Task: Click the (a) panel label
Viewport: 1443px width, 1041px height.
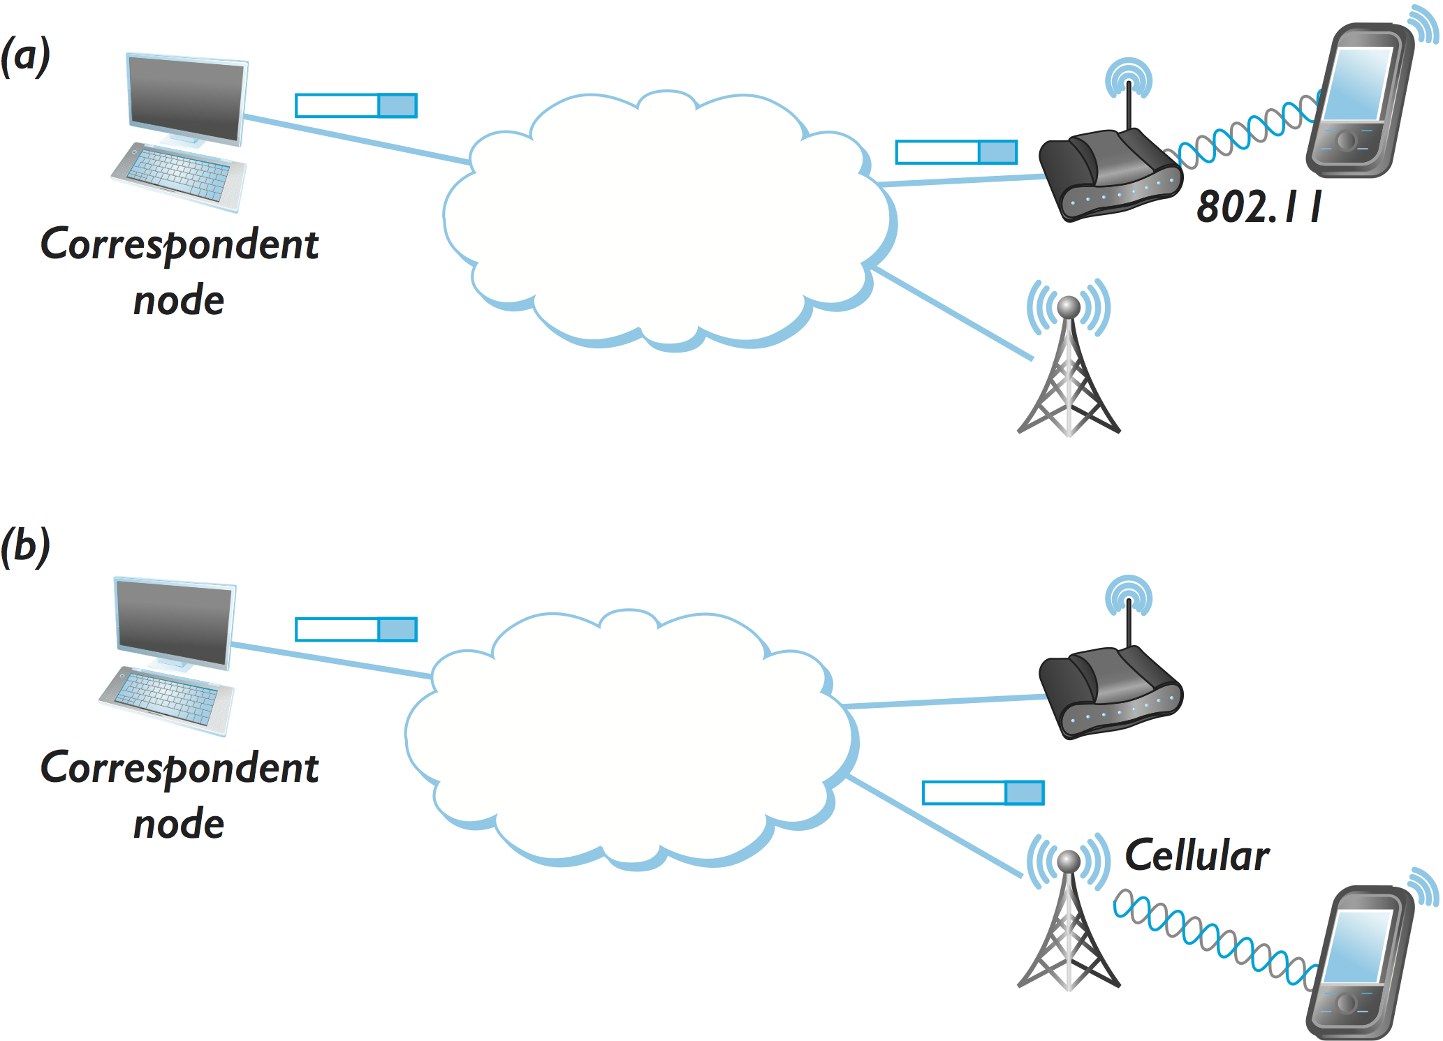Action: click(26, 57)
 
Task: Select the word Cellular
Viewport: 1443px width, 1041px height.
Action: click(1196, 856)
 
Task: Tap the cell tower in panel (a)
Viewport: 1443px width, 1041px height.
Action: click(1069, 363)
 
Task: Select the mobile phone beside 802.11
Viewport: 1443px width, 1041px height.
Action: click(1358, 101)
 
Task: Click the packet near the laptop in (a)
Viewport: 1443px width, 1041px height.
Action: click(356, 105)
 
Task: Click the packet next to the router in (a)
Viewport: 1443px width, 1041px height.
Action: click(956, 152)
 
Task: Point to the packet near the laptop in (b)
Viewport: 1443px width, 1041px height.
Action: click(356, 629)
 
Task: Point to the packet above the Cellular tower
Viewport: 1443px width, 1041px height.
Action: click(983, 793)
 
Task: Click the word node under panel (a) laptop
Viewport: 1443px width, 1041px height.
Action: click(179, 300)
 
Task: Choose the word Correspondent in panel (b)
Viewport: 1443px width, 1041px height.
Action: click(180, 768)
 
